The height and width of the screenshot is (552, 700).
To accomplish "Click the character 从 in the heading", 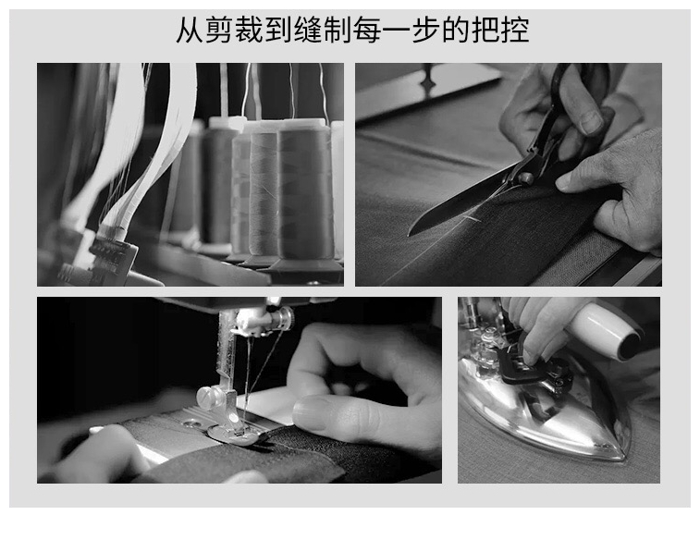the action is coord(190,30).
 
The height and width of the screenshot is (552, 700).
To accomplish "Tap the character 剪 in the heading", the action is coord(220,30).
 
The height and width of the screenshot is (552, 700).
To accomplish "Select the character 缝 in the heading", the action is coord(308,30).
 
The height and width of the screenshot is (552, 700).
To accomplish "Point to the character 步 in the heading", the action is coord(426,30).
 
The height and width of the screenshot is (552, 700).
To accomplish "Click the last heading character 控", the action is coord(514,30).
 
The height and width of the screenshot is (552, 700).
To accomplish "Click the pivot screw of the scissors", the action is coord(526,178).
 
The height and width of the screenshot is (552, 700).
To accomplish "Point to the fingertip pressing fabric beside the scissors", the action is coord(564,181).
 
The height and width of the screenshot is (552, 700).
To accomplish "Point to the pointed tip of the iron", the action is coord(623,456).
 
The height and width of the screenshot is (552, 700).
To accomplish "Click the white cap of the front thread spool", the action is coord(301,123).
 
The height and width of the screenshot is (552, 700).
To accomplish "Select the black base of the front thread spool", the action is coord(305,266).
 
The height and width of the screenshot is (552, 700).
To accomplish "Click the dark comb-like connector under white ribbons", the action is coord(112,253).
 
